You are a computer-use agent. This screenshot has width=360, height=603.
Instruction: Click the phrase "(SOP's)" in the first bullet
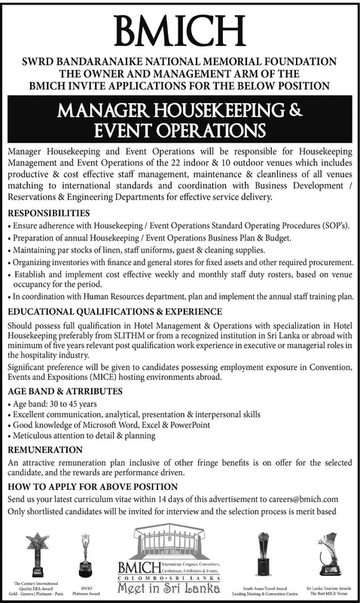331,227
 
